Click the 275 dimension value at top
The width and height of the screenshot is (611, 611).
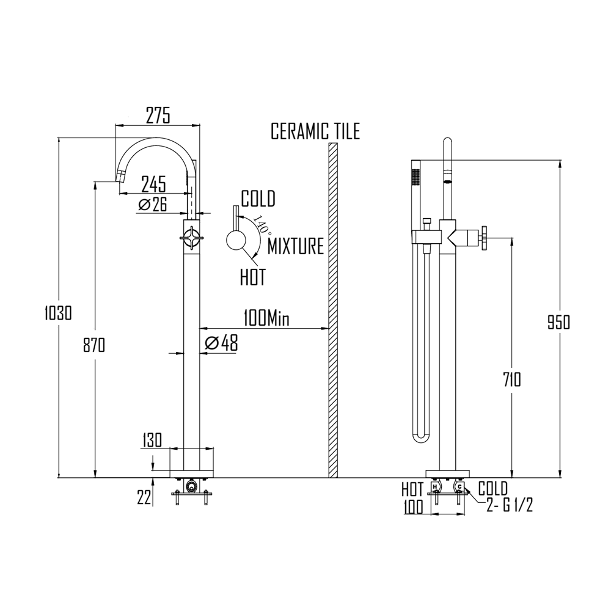(158, 114)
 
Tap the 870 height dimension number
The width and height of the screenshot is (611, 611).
(94, 345)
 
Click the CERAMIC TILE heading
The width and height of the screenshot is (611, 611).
(315, 131)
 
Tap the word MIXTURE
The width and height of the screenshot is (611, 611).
(296, 247)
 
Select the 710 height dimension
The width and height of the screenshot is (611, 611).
(509, 380)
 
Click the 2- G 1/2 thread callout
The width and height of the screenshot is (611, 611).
(510, 506)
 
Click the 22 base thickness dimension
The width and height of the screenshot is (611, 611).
(144, 498)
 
